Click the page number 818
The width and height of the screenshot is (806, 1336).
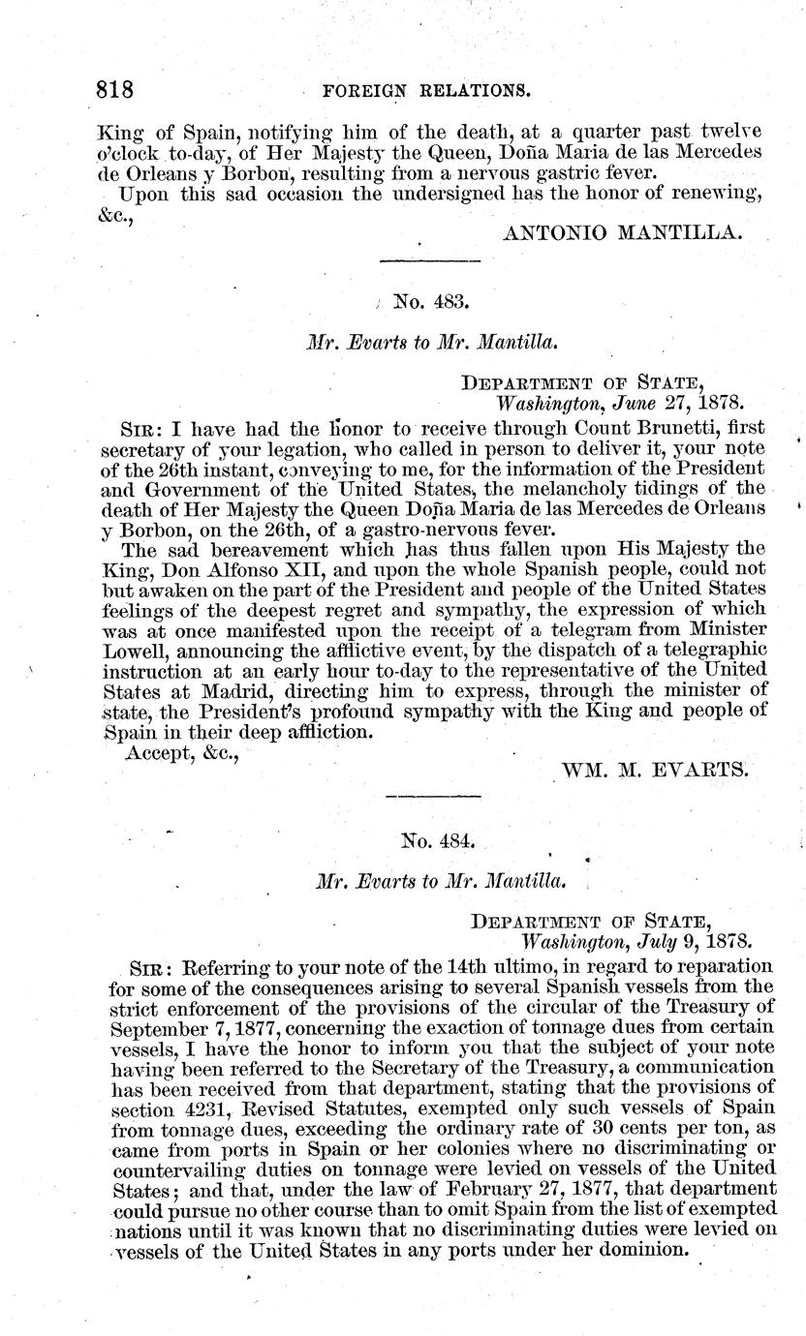click(114, 90)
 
